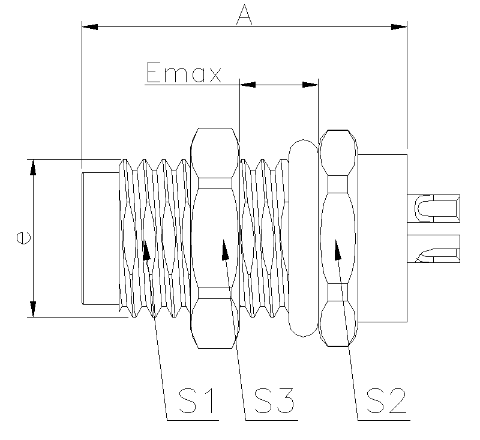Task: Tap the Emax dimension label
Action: [x=184, y=74]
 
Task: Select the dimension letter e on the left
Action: [x=23, y=237]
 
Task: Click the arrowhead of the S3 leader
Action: [x=225, y=248]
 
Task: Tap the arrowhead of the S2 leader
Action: [x=337, y=248]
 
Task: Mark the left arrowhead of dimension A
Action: [x=90, y=27]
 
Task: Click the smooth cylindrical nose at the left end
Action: [x=99, y=238]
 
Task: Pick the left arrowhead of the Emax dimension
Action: [x=247, y=85]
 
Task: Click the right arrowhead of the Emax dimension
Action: [x=310, y=85]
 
